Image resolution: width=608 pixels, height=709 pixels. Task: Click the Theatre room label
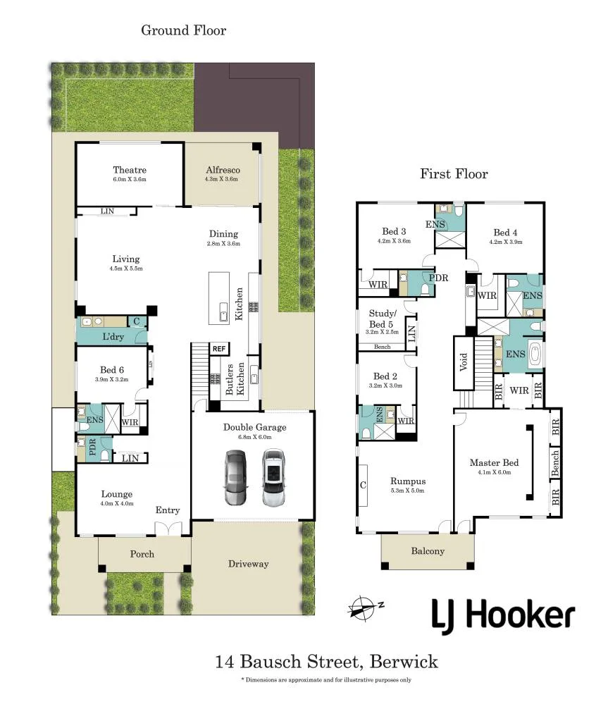(x=130, y=170)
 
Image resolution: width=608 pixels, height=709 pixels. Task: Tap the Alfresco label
(x=223, y=170)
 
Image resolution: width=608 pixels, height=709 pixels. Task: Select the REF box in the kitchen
(x=219, y=349)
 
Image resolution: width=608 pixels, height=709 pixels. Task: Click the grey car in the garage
(x=236, y=477)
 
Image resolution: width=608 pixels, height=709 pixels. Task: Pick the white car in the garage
(x=274, y=477)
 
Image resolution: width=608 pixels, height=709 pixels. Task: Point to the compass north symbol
(x=365, y=607)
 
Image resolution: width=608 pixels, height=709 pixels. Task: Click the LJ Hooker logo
(x=503, y=616)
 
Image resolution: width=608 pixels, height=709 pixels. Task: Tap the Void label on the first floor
(x=464, y=362)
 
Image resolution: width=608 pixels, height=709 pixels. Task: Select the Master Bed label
(x=494, y=462)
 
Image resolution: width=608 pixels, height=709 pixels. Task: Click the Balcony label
(x=428, y=550)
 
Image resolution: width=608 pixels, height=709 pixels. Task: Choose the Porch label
(x=142, y=554)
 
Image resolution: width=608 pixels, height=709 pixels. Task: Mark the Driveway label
(x=248, y=564)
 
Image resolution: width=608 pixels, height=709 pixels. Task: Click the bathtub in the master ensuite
(x=535, y=354)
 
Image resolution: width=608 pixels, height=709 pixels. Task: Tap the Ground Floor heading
(x=184, y=30)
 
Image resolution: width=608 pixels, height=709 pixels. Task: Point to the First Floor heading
(x=454, y=173)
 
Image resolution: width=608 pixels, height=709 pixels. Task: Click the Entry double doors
(x=168, y=529)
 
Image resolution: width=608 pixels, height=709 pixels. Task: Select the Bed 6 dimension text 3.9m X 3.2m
(x=111, y=379)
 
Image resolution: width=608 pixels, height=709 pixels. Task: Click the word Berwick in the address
(x=404, y=662)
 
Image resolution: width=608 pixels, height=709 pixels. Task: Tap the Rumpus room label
(x=408, y=481)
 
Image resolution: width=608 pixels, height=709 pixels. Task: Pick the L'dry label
(x=113, y=336)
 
